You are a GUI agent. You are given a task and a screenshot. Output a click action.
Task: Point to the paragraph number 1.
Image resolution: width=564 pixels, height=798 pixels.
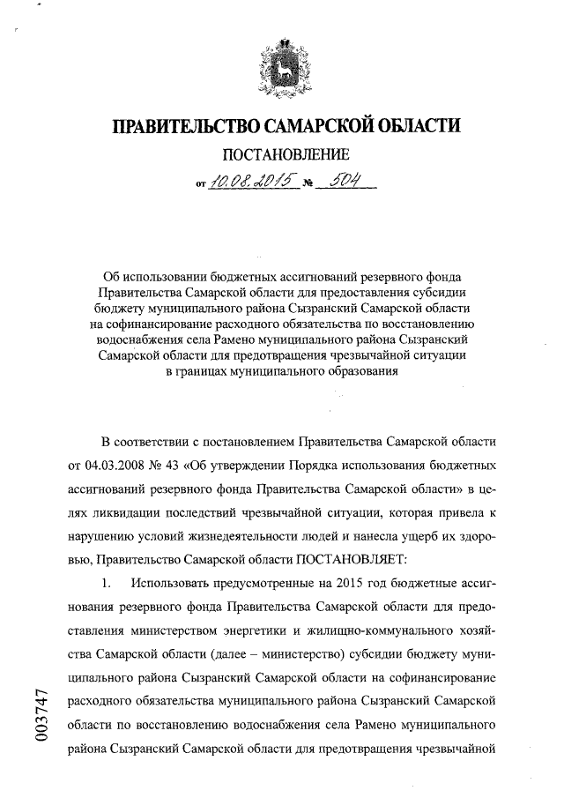tap(107, 583)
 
